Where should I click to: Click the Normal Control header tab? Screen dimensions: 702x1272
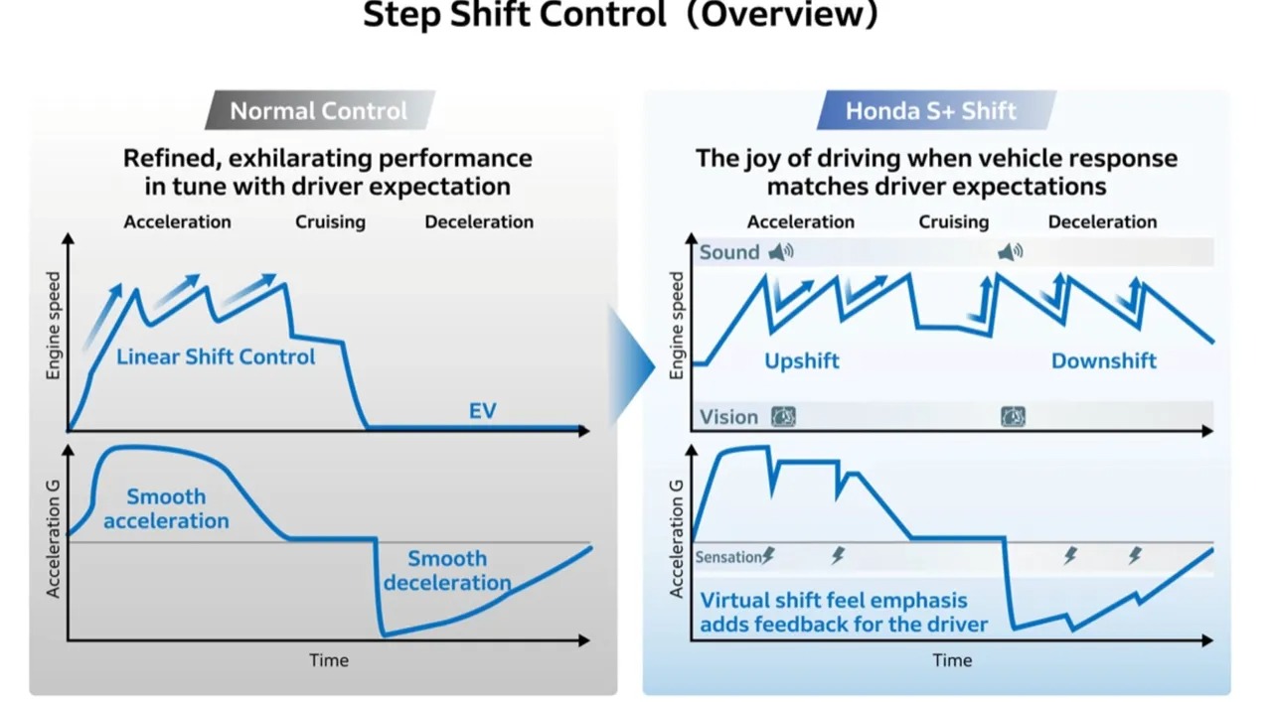(318, 111)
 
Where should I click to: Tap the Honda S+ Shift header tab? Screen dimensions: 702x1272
(930, 111)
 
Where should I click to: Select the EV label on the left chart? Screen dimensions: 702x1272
(482, 410)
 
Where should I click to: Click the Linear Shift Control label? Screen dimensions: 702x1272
(216, 356)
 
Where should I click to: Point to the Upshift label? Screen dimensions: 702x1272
(801, 360)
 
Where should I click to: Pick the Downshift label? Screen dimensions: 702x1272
(1103, 360)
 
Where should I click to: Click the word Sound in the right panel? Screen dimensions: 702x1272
(728, 252)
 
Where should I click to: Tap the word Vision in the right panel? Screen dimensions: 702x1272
(728, 417)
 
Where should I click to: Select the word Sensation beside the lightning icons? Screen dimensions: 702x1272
(728, 557)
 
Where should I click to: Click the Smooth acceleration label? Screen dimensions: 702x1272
(166, 508)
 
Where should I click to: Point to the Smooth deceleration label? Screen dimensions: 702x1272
(447, 571)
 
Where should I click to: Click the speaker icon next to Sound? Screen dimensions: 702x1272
(782, 252)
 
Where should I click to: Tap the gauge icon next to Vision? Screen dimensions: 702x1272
(783, 417)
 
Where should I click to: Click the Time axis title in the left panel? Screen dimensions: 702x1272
(328, 660)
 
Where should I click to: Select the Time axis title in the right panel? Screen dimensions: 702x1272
(952, 660)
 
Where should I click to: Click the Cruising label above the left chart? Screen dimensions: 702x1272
(330, 221)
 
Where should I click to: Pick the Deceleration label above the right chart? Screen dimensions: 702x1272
(1102, 221)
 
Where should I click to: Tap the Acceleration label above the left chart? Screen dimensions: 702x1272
(177, 221)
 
